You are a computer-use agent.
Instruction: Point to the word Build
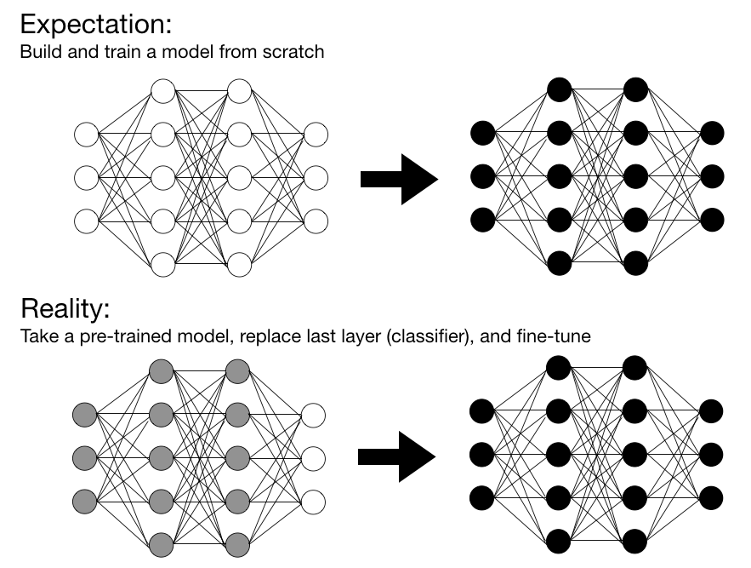coord(37,52)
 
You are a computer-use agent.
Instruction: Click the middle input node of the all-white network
coord(87,178)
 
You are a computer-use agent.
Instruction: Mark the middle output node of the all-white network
coord(316,178)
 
